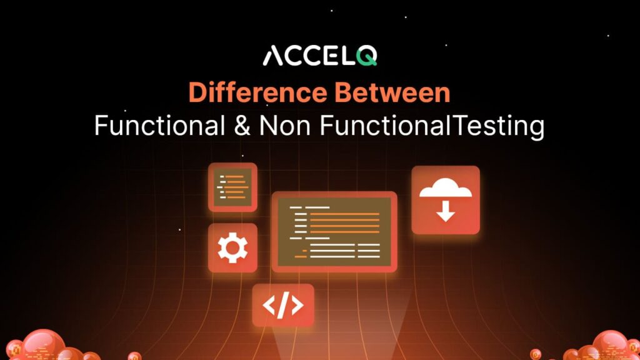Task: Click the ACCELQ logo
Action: (319, 56)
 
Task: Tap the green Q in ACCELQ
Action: (366, 56)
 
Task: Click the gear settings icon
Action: (232, 248)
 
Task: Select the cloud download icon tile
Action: (445, 200)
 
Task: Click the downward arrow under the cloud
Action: (445, 212)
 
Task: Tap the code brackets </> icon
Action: (283, 305)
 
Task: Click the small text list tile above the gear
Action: (232, 187)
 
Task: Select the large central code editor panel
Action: (334, 231)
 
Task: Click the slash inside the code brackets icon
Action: (283, 305)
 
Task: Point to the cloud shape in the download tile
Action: (445, 187)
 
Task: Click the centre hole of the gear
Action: (232, 248)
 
